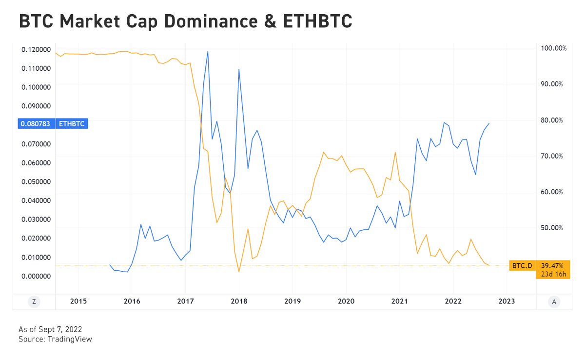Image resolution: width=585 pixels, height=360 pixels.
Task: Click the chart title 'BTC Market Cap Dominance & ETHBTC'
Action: coord(185,22)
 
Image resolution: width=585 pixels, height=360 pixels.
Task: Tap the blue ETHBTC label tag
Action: coord(72,124)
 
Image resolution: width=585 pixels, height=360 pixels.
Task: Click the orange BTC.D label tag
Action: coord(522,266)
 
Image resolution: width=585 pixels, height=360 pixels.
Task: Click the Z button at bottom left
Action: coord(34,301)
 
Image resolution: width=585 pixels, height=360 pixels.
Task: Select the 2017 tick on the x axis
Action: coord(185,301)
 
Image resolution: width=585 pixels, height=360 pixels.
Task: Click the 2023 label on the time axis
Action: coord(507,301)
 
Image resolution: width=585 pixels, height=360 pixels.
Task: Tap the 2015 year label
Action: coord(78,301)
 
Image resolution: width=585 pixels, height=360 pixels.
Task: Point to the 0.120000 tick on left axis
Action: coord(35,49)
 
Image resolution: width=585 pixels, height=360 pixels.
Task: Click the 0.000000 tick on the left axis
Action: coord(35,276)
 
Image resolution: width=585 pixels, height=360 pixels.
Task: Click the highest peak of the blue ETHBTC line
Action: coord(208,51)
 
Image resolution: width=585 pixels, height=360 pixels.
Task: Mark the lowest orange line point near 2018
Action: coord(239,272)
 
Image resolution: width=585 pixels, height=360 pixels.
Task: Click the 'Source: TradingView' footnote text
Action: coord(55,339)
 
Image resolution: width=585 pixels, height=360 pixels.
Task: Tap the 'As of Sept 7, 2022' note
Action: coord(50,330)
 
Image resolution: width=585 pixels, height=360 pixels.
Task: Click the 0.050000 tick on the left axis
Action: coord(35,181)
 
